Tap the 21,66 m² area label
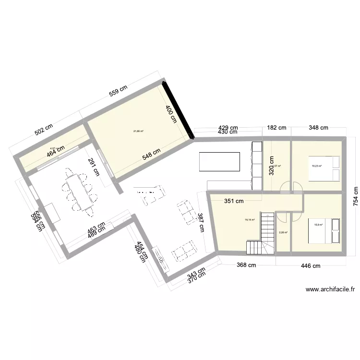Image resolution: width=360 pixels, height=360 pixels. click(x=139, y=131)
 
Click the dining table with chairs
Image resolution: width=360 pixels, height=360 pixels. click(x=78, y=190)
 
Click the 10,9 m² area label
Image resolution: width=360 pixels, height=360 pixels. click(x=318, y=224)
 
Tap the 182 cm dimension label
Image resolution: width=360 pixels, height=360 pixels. click(x=276, y=128)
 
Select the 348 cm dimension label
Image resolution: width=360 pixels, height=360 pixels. click(x=318, y=128)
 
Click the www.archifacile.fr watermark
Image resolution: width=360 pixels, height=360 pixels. click(x=330, y=289)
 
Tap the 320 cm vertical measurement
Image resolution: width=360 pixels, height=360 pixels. click(x=271, y=166)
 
